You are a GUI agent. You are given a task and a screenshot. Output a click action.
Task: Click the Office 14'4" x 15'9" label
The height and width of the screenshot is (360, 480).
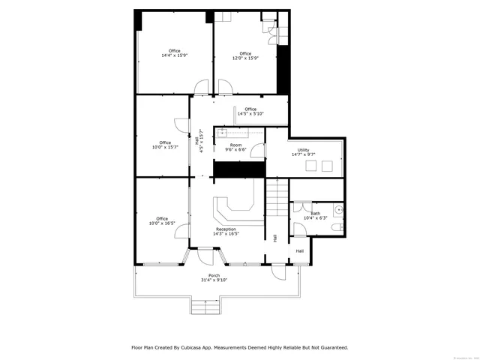point(174,53)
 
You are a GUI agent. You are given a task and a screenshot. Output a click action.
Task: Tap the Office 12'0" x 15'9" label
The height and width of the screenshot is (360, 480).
point(245,55)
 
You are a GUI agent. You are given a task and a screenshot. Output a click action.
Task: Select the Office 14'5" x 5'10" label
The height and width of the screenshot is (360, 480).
point(250,112)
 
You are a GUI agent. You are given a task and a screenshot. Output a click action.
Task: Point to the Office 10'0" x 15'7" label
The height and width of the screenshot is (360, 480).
point(164,145)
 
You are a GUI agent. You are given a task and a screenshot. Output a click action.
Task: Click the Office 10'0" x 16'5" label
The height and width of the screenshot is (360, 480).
point(162,220)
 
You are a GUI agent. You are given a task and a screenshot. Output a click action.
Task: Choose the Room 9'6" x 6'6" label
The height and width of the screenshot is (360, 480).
point(235,147)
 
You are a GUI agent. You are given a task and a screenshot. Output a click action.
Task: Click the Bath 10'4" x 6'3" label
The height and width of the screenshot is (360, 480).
point(315,216)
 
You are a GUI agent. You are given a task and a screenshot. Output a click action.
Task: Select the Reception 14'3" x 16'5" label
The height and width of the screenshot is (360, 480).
point(226,231)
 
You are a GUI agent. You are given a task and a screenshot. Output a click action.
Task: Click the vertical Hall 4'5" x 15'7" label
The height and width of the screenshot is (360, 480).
point(199,141)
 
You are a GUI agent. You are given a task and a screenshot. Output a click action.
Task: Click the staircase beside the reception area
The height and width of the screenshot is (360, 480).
point(277,198)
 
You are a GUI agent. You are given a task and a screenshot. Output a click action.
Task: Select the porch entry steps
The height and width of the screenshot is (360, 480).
point(204,306)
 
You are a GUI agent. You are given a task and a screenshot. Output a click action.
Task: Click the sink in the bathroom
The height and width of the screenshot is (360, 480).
point(338,211)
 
